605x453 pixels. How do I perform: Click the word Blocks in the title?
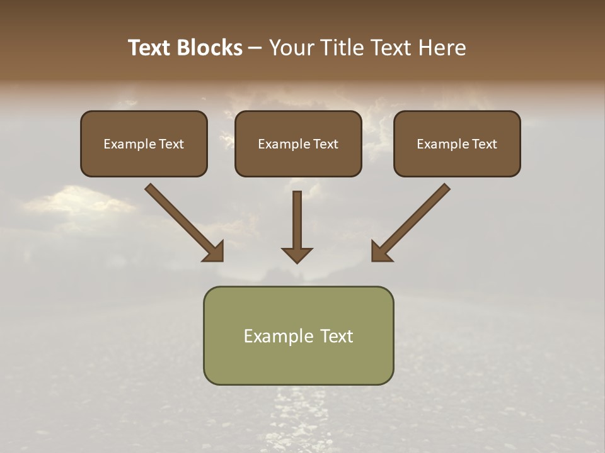pyautogui.click(x=209, y=48)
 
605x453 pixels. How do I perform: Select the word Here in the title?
pyautogui.click(x=441, y=48)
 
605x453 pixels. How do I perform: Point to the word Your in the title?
pyautogui.click(x=292, y=48)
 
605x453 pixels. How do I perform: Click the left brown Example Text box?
pyautogui.click(x=144, y=143)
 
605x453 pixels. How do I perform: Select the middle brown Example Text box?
pyautogui.click(x=298, y=143)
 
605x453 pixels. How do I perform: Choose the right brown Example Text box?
pyautogui.click(x=457, y=143)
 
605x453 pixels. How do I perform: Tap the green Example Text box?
pyautogui.click(x=298, y=335)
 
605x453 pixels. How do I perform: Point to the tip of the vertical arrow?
pyautogui.click(x=297, y=261)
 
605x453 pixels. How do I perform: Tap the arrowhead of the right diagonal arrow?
pyautogui.click(x=379, y=253)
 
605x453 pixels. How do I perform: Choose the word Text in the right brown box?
pyautogui.click(x=484, y=144)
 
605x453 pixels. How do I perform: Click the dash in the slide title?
pyautogui.click(x=255, y=48)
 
